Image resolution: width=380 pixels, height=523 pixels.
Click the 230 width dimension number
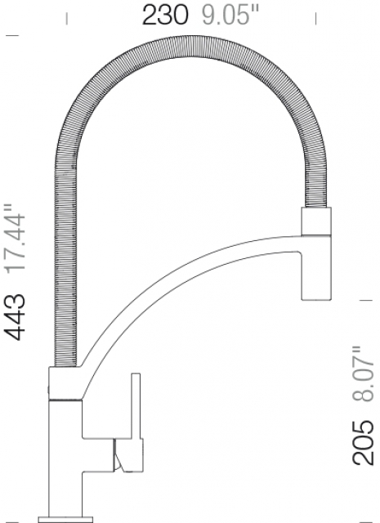tap(165, 16)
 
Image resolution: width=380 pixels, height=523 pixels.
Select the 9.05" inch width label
tap(230, 16)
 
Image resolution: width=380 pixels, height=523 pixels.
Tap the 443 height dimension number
tap(15, 317)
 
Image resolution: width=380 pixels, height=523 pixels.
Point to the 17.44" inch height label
tap(15, 239)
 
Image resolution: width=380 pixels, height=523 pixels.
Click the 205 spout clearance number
tap(363, 443)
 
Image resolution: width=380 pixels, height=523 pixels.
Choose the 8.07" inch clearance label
tap(363, 373)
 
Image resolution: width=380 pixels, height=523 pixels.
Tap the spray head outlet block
tap(316, 267)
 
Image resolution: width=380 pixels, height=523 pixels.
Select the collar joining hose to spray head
tap(316, 221)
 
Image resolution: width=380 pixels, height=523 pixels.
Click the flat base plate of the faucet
tap(65, 520)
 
